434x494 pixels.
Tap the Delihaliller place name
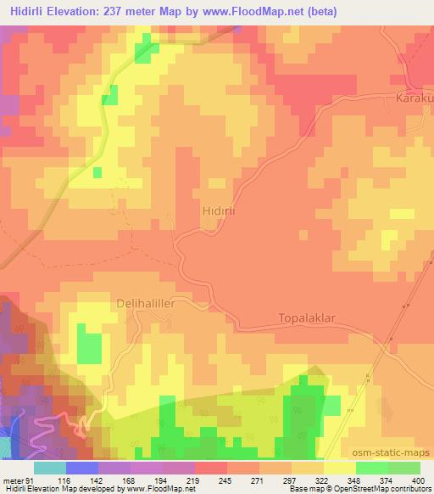[x=150, y=302]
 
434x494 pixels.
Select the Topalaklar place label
[x=307, y=318]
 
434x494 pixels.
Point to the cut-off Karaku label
[x=415, y=99]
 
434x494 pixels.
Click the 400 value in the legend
[x=413, y=480]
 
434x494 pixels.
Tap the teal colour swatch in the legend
[x=49, y=468]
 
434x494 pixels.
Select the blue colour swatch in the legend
[x=82, y=468]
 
